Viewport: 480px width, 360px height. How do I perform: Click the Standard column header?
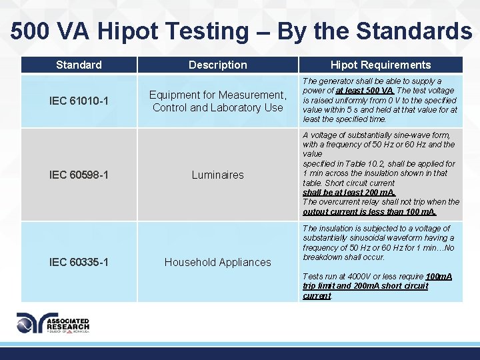pos(79,65)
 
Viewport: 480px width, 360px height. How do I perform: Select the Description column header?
pos(217,65)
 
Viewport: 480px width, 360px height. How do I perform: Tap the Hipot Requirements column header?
pos(381,65)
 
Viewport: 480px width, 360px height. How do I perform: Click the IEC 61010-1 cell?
pos(79,101)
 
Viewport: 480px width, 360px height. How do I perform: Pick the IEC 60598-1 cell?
pos(79,175)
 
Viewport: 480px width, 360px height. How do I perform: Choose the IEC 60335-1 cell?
pos(79,262)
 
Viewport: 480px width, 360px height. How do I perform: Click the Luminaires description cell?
pos(217,175)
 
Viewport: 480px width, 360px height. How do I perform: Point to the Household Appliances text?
pos(217,262)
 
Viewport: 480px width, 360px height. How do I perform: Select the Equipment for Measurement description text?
pos(217,101)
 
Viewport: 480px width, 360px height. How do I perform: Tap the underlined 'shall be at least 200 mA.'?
pos(349,192)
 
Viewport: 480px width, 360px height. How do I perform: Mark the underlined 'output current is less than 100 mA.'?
pos(369,212)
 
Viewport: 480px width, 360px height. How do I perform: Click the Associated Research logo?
pos(53,323)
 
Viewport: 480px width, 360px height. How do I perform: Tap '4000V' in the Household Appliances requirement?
pos(355,276)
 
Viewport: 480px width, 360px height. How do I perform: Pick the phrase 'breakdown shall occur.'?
pos(344,257)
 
